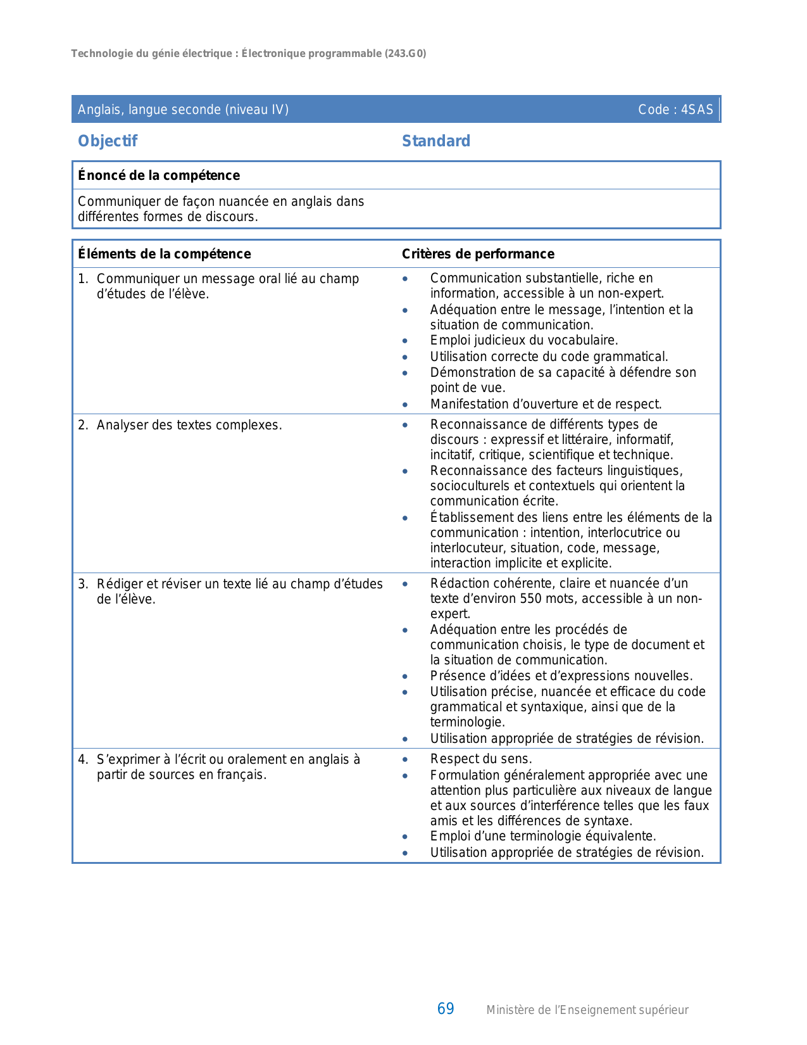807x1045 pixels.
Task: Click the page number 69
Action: pyautogui.click(x=446, y=1009)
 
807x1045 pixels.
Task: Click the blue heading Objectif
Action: pyautogui.click(x=108, y=141)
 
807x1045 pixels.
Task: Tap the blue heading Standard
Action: pyautogui.click(x=436, y=141)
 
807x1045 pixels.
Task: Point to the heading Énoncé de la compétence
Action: pyautogui.click(x=159, y=175)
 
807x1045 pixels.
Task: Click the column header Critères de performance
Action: pyautogui.click(x=478, y=254)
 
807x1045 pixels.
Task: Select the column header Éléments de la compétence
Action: pyautogui.click(x=165, y=254)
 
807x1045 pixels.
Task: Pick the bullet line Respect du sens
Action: pyautogui.click(x=481, y=759)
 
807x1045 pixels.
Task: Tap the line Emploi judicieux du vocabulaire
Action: pyautogui.click(x=524, y=341)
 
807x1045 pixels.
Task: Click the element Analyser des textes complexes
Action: pyautogui.click(x=189, y=425)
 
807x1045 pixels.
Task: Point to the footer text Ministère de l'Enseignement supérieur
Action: pyautogui.click(x=587, y=1010)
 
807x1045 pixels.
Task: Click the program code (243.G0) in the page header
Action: pyautogui.click(x=405, y=54)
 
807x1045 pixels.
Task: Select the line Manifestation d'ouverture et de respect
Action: pyautogui.click(x=546, y=404)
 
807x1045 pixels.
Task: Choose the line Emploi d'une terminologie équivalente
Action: pyautogui.click(x=543, y=836)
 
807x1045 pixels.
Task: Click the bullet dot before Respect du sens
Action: pyautogui.click(x=405, y=759)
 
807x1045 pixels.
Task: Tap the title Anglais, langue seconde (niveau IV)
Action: pyautogui.click(x=183, y=110)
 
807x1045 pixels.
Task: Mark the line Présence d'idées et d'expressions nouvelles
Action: pyautogui.click(x=561, y=676)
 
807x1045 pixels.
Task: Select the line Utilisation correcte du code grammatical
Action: pyautogui.click(x=549, y=357)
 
